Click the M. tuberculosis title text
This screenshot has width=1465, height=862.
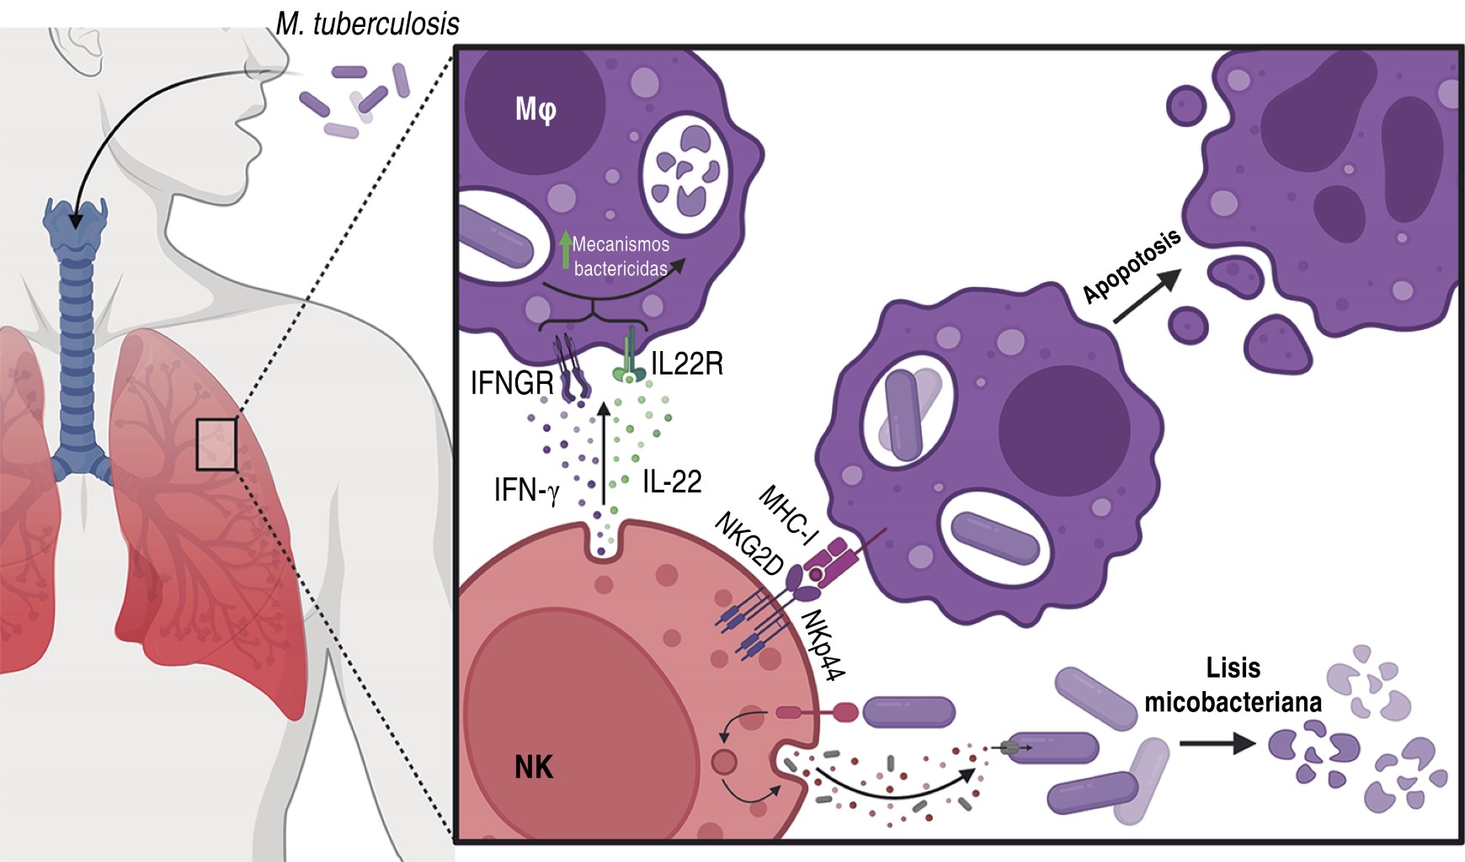368,24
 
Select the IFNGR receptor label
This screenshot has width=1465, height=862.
512,384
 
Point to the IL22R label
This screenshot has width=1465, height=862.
687,364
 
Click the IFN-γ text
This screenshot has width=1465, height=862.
526,489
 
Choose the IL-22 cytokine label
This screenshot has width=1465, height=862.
672,482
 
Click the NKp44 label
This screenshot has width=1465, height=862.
823,644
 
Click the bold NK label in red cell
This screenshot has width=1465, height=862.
534,767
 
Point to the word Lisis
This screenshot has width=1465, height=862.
1233,668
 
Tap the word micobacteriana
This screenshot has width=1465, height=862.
1233,702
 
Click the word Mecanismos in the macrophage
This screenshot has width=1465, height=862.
621,244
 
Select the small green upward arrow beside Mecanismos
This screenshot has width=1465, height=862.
566,249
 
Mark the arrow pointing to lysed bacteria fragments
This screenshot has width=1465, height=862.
1217,742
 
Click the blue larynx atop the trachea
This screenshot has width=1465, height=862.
76,229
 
